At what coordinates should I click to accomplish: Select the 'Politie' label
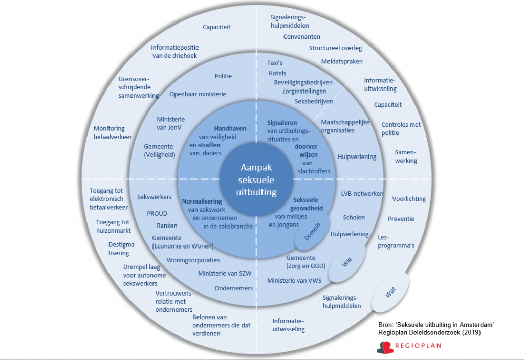[223, 76]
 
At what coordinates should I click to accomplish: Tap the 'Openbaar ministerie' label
[198, 94]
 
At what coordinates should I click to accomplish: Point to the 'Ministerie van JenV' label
[171, 123]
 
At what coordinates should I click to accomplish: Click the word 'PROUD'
[157, 214]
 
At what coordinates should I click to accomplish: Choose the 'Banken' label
[167, 226]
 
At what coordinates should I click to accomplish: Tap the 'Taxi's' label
[275, 63]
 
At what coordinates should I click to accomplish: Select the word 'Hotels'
[277, 73]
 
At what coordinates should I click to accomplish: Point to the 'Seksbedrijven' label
[314, 101]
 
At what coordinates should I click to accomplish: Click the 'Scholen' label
[354, 217]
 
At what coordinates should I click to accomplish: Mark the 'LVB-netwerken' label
[362, 194]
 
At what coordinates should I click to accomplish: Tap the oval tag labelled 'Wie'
[347, 263]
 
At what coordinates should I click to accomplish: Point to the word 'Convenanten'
[302, 37]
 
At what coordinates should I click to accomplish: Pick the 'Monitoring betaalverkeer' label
[113, 133]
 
